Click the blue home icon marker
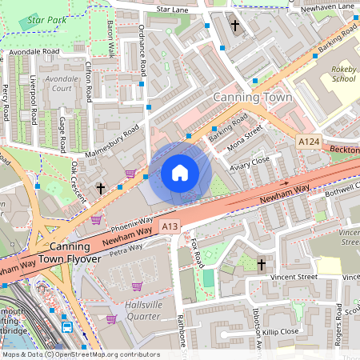(x=180, y=173)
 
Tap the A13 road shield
(x=169, y=227)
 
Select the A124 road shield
(x=309, y=142)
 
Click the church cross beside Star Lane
(x=235, y=26)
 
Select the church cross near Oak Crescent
(x=101, y=188)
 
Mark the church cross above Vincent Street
(x=262, y=263)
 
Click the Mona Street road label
(x=245, y=142)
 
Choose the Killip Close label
(x=280, y=330)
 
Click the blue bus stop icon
(x=67, y=327)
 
